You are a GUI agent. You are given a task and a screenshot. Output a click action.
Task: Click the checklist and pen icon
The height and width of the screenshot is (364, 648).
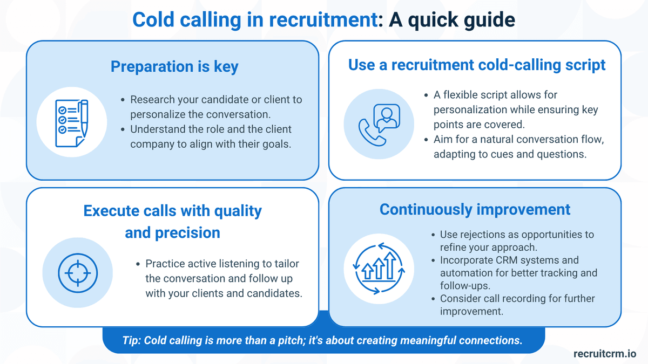tap(71, 123)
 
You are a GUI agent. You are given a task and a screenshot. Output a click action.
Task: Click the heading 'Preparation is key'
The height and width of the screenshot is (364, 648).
tap(174, 66)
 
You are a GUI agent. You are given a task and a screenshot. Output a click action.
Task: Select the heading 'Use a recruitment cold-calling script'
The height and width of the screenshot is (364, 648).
tap(477, 65)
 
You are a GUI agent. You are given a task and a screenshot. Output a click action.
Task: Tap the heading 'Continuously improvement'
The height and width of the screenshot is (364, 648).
tap(475, 209)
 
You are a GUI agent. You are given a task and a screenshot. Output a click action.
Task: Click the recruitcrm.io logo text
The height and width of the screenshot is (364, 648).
tap(605, 354)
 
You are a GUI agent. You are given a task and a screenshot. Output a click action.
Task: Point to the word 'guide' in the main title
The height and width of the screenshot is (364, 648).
tap(489, 20)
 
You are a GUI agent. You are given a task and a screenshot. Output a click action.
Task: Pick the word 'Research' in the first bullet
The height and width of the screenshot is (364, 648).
tap(152, 100)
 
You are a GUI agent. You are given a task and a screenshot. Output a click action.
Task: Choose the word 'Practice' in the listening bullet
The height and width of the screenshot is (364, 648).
tap(164, 264)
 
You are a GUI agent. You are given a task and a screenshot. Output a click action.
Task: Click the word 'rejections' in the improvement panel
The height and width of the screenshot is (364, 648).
tap(484, 235)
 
